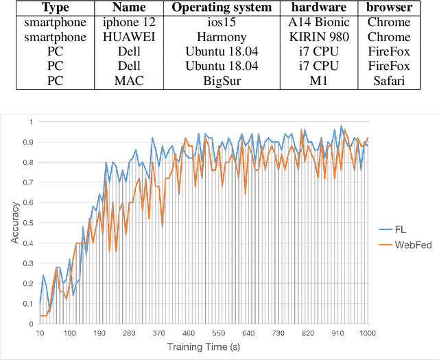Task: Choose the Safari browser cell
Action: (389, 81)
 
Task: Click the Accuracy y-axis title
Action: (14, 223)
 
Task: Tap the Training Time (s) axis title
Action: (204, 349)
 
